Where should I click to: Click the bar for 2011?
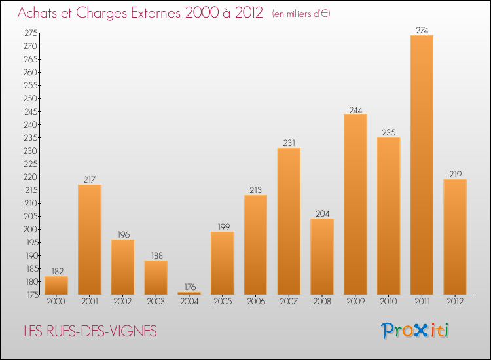pyautogui.click(x=422, y=165)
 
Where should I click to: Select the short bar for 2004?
pyautogui.click(x=189, y=293)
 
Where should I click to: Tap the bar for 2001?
pyautogui.click(x=90, y=240)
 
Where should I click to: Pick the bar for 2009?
pyautogui.click(x=355, y=204)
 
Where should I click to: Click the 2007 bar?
pyautogui.click(x=289, y=221)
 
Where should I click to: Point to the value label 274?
pyautogui.click(x=422, y=30)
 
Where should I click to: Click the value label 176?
pyautogui.click(x=190, y=287)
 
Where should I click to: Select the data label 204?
pyautogui.click(x=323, y=213)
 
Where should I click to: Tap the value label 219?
pyautogui.click(x=455, y=174)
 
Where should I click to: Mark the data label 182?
pyautogui.click(x=58, y=271)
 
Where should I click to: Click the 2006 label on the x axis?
pyautogui.click(x=256, y=301)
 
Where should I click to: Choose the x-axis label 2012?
pyautogui.click(x=455, y=301)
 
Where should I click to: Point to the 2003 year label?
pyautogui.click(x=156, y=301)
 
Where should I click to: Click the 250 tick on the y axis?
pyautogui.click(x=30, y=99)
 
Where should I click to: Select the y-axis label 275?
pyautogui.click(x=31, y=33)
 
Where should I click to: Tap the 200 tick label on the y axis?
pyautogui.click(x=30, y=230)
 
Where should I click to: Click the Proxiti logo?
pyautogui.click(x=415, y=331)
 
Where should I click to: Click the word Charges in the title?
pyautogui.click(x=101, y=13)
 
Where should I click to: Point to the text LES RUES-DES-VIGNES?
pyautogui.click(x=90, y=331)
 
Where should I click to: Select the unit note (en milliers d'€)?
pyautogui.click(x=301, y=14)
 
